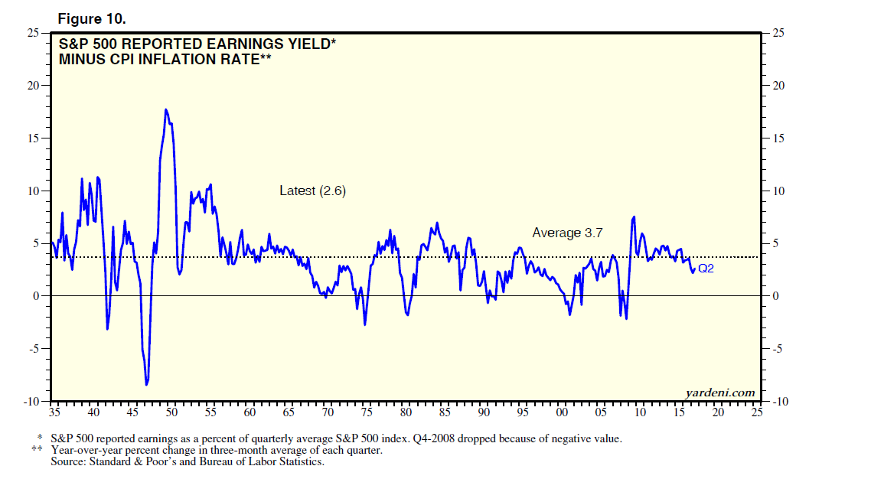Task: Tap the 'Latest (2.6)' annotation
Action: click(x=312, y=191)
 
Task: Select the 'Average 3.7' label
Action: click(x=568, y=233)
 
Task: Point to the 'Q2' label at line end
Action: click(x=706, y=268)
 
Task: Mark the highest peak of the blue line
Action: click(x=165, y=109)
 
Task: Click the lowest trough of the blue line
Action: click(x=146, y=384)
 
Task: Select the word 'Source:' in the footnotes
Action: click(x=70, y=462)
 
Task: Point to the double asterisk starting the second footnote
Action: click(x=37, y=450)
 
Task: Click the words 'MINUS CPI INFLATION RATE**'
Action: click(x=166, y=59)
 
